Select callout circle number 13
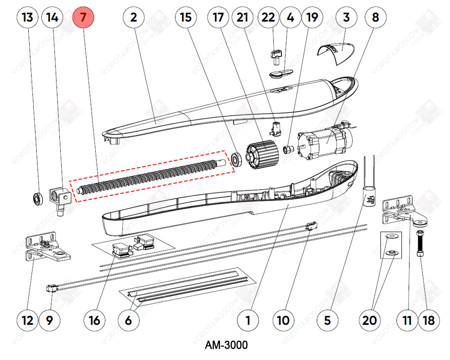[x=27, y=18]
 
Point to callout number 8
[x=375, y=18]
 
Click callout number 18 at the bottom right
[x=429, y=320]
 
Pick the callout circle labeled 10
[x=283, y=320]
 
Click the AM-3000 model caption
[x=226, y=345]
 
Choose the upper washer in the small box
[x=391, y=236]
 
